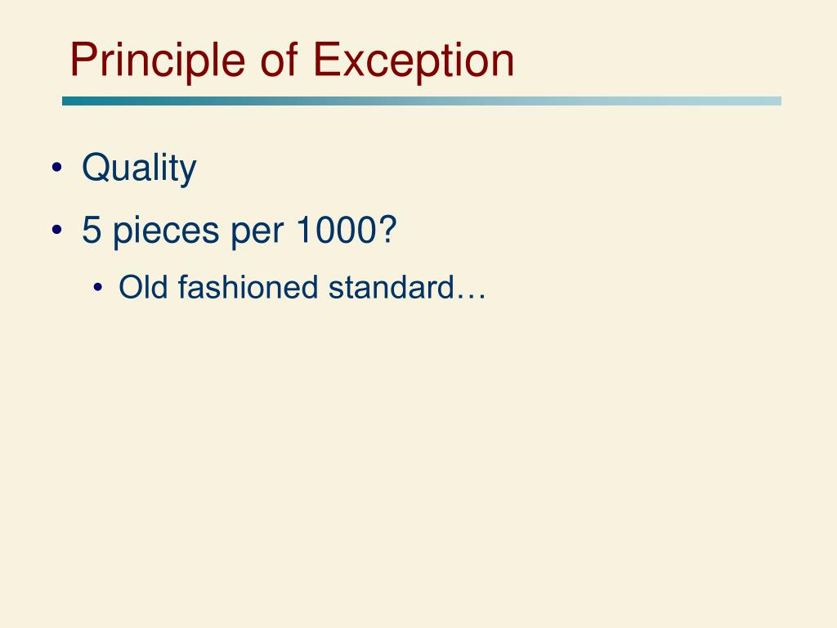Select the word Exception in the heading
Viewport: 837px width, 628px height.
point(414,61)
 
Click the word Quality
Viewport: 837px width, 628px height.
point(139,169)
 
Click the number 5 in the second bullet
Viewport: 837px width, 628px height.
point(91,231)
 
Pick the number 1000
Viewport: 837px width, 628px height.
point(336,231)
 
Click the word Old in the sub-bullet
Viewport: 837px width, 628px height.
point(145,287)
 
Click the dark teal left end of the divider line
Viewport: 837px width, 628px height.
point(69,101)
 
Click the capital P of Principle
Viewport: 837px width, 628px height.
point(83,61)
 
